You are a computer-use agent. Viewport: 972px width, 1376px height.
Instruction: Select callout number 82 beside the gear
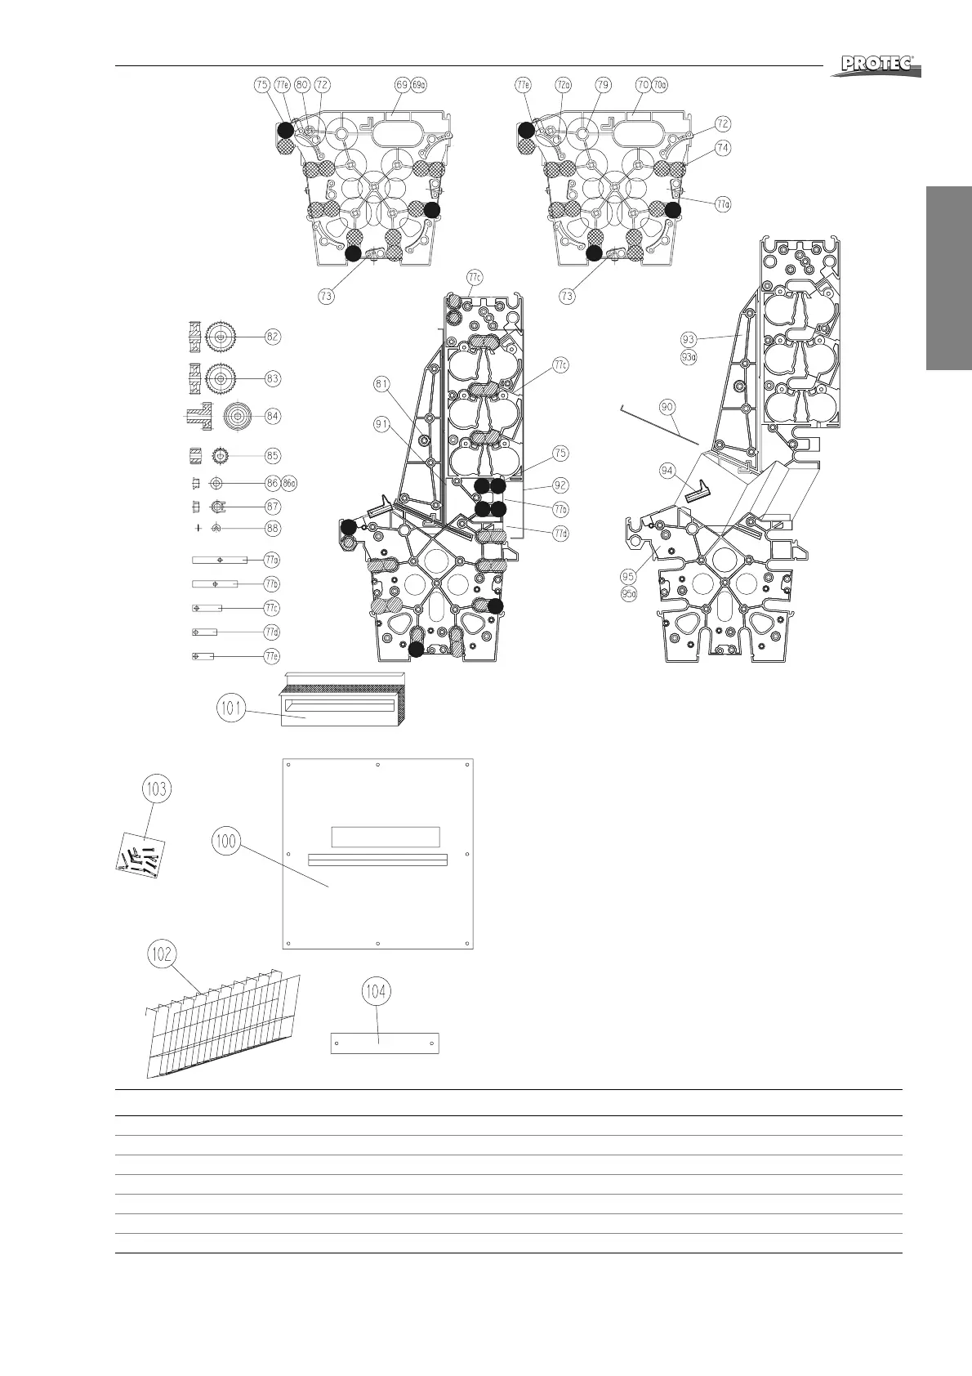coord(272,336)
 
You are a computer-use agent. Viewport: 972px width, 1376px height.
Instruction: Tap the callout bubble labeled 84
coord(272,416)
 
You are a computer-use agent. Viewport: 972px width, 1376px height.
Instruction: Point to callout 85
coord(272,455)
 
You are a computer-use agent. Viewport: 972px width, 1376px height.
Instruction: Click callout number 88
coord(272,528)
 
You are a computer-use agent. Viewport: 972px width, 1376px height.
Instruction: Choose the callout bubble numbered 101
coord(233,708)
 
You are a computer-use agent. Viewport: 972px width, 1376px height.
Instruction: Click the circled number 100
coord(226,840)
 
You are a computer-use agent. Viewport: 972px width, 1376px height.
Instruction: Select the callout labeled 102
coord(163,953)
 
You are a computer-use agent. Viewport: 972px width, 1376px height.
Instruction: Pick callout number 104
coord(376,992)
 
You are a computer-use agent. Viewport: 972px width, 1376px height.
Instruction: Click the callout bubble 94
coord(668,470)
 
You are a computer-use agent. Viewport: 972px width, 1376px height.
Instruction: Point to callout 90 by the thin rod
coord(667,406)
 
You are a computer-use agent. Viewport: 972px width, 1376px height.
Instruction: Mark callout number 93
coord(688,337)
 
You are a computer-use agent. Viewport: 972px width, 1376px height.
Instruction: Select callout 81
coord(382,383)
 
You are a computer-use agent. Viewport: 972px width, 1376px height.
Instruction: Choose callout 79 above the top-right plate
coord(603,84)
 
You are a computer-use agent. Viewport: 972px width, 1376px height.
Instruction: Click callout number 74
coord(722,148)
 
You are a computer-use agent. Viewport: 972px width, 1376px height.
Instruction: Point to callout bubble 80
coord(301,84)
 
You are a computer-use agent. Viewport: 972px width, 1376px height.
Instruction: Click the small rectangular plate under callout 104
coord(385,1043)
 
